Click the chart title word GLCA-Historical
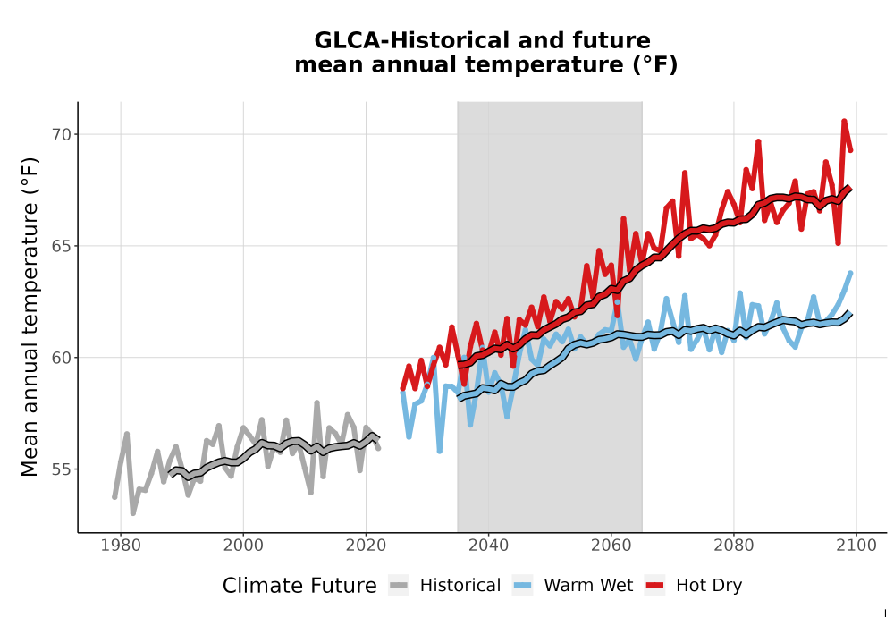tap(409, 40)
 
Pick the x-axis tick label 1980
tap(121, 545)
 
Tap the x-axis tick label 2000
tap(243, 545)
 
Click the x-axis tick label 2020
tap(366, 545)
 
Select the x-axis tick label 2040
tap(489, 545)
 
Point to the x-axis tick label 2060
tap(611, 545)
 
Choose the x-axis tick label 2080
tap(734, 545)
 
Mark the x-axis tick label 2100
tap(856, 545)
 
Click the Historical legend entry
tap(444, 586)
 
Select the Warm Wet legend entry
tap(573, 586)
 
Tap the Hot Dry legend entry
tap(694, 586)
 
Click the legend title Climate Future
tap(299, 586)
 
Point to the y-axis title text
tap(30, 317)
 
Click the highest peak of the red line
tap(844, 121)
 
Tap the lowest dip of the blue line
tap(440, 451)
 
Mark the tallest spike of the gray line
tap(317, 402)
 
